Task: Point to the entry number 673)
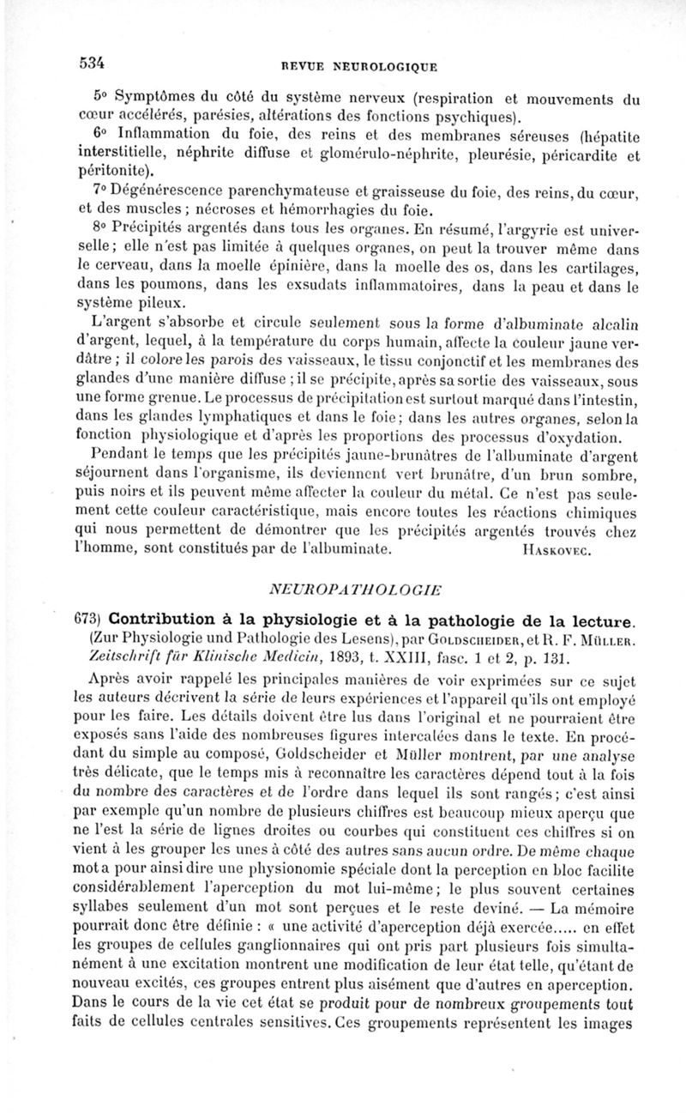click(87, 619)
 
